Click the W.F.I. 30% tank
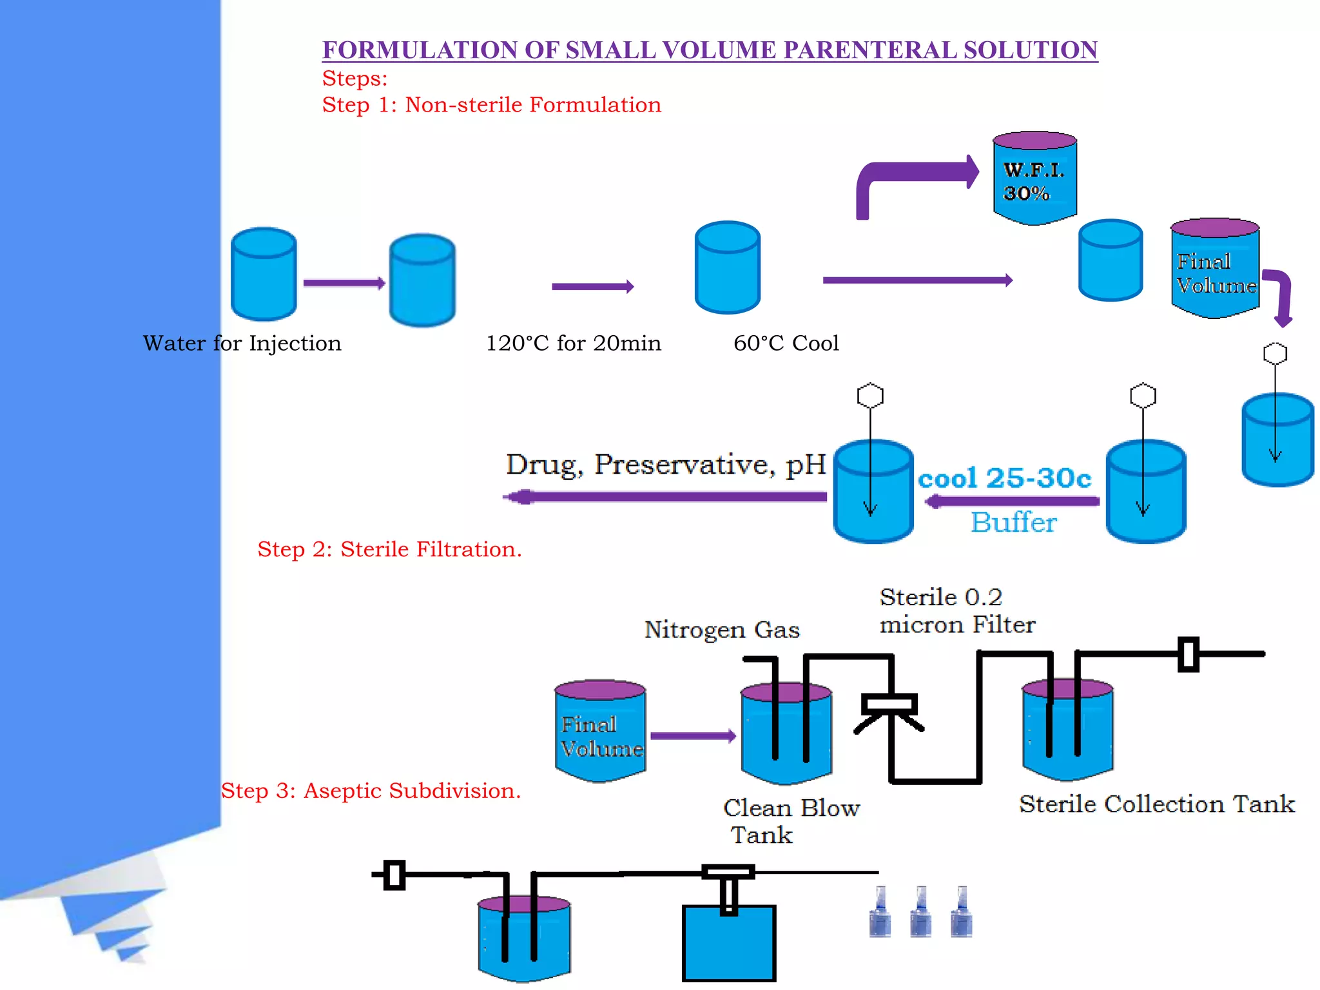pyautogui.click(x=1034, y=179)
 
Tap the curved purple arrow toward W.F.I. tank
pyautogui.click(x=915, y=175)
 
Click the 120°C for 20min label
pyautogui.click(x=573, y=344)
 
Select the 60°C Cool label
pyautogui.click(x=786, y=344)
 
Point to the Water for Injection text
pyautogui.click(x=242, y=344)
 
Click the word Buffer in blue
pyautogui.click(x=1013, y=523)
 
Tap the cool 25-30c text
pyautogui.click(x=1004, y=478)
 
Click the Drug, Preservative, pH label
pyautogui.click(x=665, y=465)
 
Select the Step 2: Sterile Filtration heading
pyautogui.click(x=389, y=550)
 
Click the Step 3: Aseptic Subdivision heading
pyautogui.click(x=371, y=791)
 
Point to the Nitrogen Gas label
pyautogui.click(x=722, y=630)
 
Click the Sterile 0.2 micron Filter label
pyautogui.click(x=956, y=611)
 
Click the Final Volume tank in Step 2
pyautogui.click(x=600, y=732)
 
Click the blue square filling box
pyautogui.click(x=728, y=944)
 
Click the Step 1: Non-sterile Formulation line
pyautogui.click(x=491, y=105)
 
